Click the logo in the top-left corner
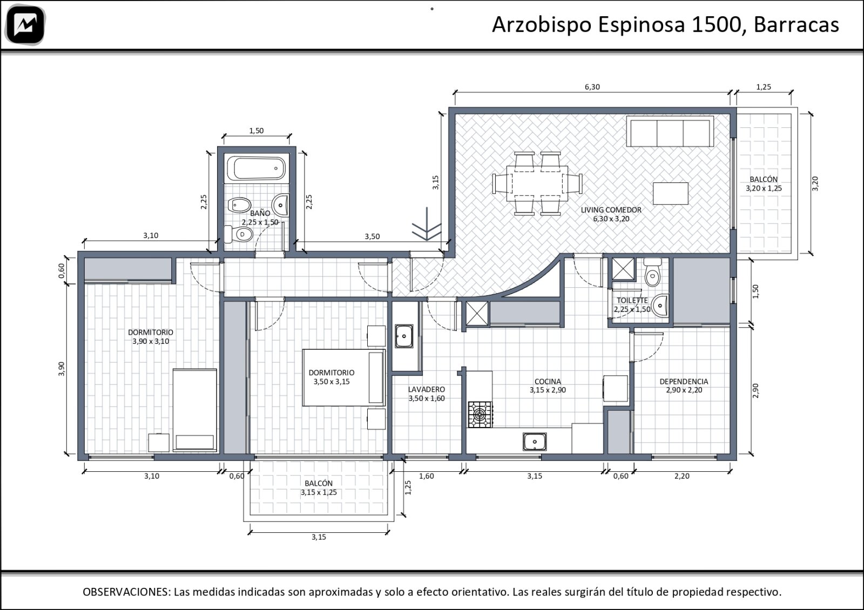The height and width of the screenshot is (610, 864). (25, 25)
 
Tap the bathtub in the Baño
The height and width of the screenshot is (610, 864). (256, 168)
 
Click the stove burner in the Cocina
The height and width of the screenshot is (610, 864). (480, 415)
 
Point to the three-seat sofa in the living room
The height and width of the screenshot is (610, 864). (670, 131)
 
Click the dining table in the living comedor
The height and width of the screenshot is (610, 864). (537, 183)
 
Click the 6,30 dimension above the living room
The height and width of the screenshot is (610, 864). (592, 87)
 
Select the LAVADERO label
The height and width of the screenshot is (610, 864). (426, 389)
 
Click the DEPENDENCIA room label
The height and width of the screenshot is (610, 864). (684, 381)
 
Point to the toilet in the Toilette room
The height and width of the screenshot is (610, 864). (652, 272)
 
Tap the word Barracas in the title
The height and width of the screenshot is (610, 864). (796, 24)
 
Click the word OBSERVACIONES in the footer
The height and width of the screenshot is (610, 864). (126, 592)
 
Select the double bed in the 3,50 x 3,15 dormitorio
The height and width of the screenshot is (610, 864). (343, 377)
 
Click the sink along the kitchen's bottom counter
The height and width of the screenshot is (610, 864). (535, 442)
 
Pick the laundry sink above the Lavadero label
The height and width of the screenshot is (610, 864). (404, 336)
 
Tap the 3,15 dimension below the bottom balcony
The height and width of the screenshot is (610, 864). (319, 537)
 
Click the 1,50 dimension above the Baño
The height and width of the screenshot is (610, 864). (256, 131)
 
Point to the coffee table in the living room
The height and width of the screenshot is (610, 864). (670, 194)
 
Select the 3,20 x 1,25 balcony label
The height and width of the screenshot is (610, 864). (764, 188)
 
